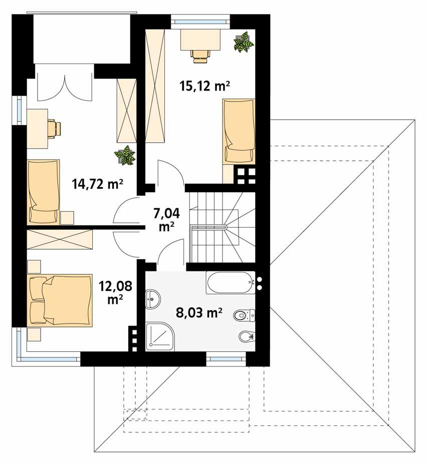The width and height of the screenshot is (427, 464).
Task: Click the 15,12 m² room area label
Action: [x=204, y=86]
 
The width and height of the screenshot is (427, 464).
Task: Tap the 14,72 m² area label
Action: [x=98, y=185]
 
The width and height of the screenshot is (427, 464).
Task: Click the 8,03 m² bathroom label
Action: [x=199, y=313]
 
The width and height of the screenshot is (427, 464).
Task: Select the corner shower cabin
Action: [x=160, y=336]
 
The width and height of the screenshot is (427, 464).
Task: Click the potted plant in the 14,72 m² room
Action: [x=124, y=156]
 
